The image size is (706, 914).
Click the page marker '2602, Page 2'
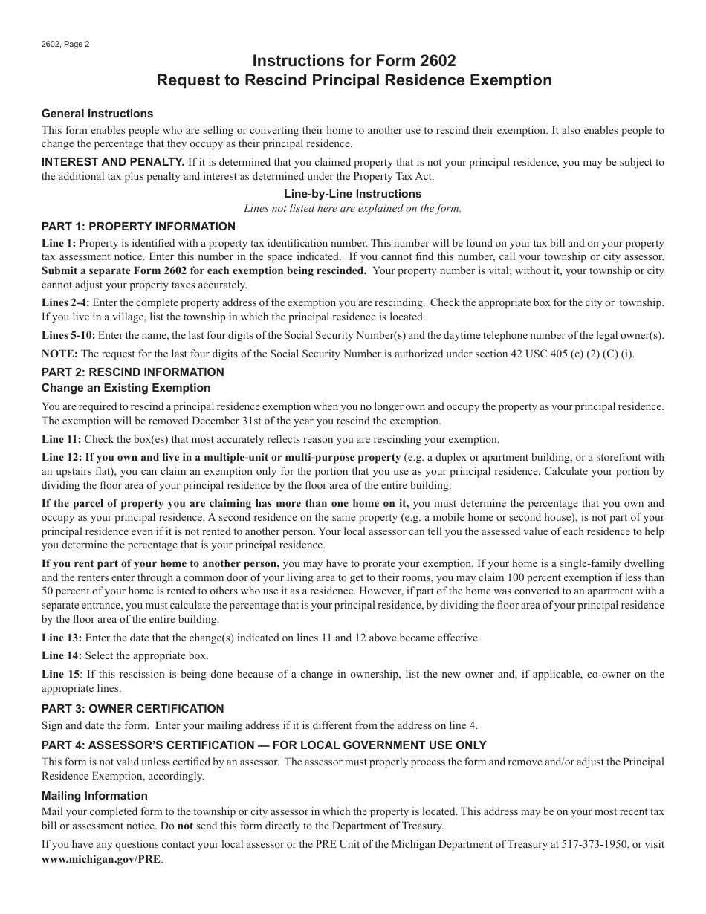coord(65,44)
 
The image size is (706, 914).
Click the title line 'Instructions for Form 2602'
coord(354,60)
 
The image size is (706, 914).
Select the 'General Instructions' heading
coord(97,114)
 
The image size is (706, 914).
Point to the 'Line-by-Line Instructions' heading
coord(353,194)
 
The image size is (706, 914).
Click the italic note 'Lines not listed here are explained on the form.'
coord(353,208)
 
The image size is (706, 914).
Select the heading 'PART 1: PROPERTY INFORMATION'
coord(138,227)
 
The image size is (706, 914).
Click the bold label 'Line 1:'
coord(59,243)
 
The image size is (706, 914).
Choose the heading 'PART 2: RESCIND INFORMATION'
coord(132,372)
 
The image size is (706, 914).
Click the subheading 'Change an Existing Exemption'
coord(126,388)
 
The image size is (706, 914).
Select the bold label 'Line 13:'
coord(62,638)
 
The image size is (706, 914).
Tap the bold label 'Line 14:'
coord(62,655)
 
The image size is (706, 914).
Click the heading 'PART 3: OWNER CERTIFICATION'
coord(132,709)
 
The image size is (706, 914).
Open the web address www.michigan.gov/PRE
coord(101,859)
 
